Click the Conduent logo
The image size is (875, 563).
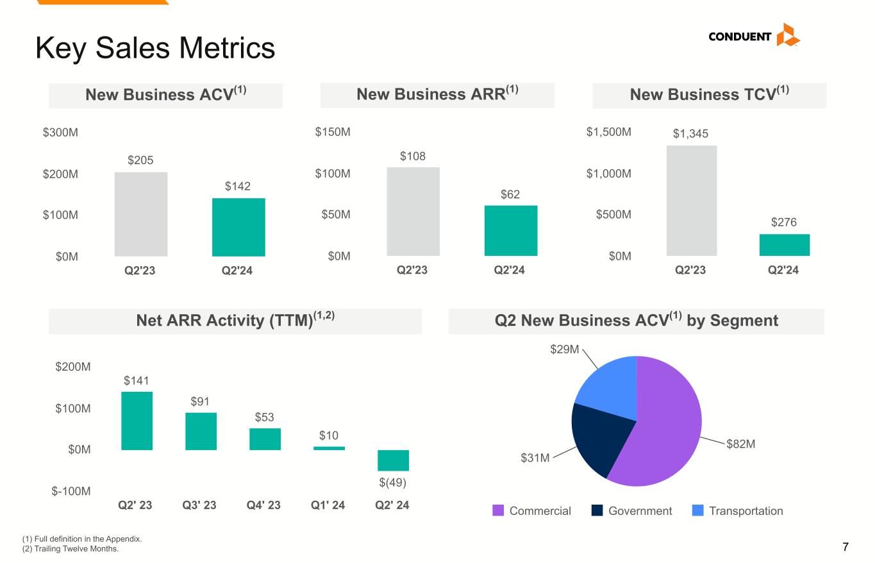point(754,36)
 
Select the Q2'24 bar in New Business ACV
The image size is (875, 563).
point(238,227)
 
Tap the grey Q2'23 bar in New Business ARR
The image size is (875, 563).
point(413,212)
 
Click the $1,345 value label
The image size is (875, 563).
point(691,133)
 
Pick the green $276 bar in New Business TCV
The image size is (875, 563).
point(784,245)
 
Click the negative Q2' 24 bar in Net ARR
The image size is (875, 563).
point(393,460)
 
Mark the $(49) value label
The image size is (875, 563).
point(393,482)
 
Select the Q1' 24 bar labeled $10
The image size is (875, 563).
point(329,448)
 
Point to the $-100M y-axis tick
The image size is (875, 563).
point(71,491)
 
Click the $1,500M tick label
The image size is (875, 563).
point(609,132)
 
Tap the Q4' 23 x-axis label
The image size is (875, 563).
point(264,505)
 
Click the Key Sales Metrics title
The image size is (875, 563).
point(155,48)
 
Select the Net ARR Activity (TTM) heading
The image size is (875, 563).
point(235,321)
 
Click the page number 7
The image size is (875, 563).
point(846,548)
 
